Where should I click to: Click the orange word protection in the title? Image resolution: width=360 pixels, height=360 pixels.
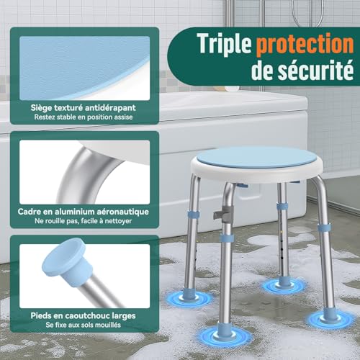pyautogui.click(x=301, y=44)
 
